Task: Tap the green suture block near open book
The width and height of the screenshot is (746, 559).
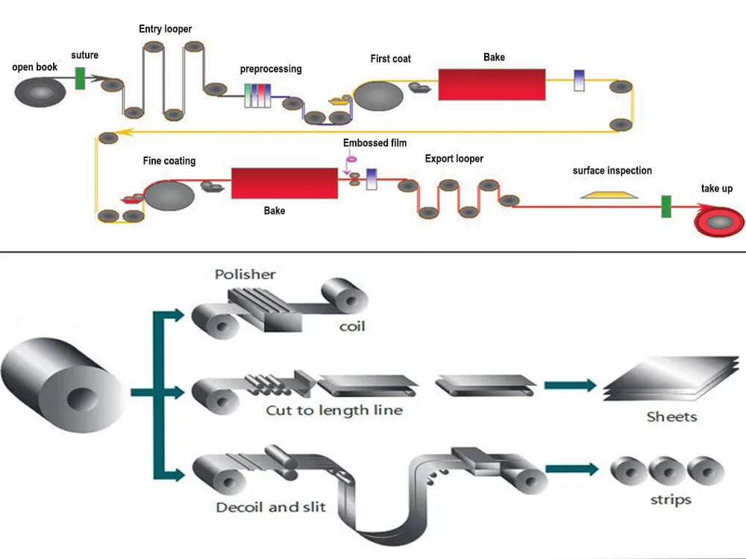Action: pyautogui.click(x=80, y=78)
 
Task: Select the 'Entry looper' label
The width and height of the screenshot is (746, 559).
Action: pyautogui.click(x=166, y=29)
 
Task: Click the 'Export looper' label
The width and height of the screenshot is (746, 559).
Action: pyautogui.click(x=454, y=159)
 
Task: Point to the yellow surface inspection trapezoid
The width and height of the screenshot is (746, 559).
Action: pyautogui.click(x=609, y=195)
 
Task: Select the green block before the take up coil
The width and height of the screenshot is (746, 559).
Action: pyautogui.click(x=665, y=206)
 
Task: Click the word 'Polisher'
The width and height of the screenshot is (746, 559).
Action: pyautogui.click(x=245, y=274)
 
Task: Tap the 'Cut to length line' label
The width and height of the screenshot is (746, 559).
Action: pyautogui.click(x=334, y=411)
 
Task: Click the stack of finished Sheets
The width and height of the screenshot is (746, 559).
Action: pyautogui.click(x=671, y=380)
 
